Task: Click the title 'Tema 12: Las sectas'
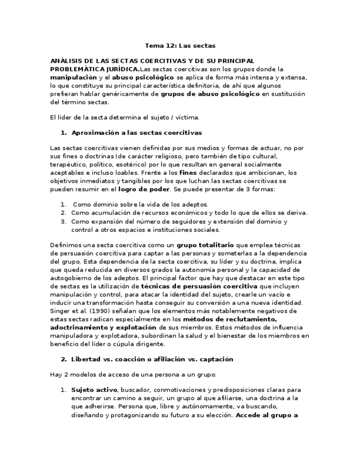[x=180, y=46]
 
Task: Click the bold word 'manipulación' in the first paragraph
[x=73, y=78]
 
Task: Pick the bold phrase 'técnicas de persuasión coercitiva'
[x=199, y=286]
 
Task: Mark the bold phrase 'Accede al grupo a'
[x=267, y=416]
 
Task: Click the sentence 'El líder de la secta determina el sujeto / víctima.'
[x=124, y=117]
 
